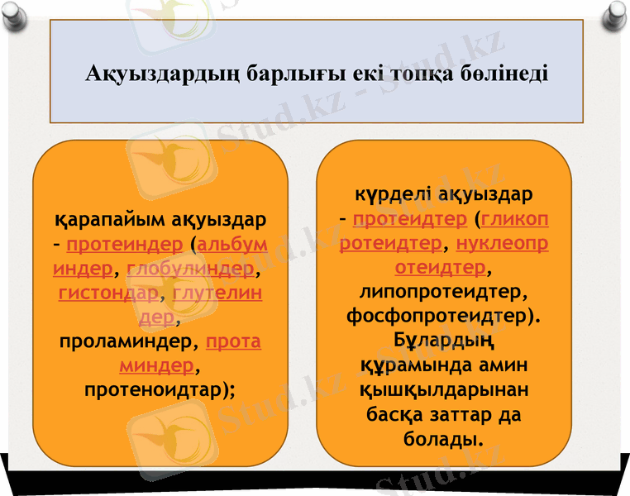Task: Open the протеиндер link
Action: pyautogui.click(x=124, y=245)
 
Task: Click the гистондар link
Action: pyautogui.click(x=108, y=293)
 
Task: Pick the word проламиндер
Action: pyautogui.click(x=130, y=341)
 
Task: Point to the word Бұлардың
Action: pyautogui.click(x=444, y=340)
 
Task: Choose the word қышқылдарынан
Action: pyautogui.click(x=444, y=389)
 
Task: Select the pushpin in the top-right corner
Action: pyautogui.click(x=615, y=14)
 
